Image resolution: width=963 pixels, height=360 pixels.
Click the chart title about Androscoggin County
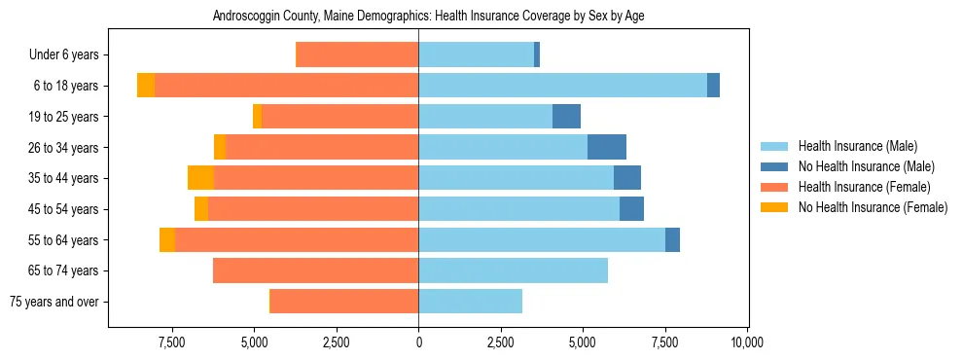click(x=428, y=16)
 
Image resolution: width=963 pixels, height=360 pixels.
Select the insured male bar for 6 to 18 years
click(x=562, y=86)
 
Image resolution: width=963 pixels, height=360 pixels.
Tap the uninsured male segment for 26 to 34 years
click(x=607, y=147)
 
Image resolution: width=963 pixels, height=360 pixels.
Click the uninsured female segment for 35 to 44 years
click(x=200, y=178)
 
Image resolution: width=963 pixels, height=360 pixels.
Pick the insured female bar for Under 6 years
click(x=357, y=55)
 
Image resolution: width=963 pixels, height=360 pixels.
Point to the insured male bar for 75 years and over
click(x=470, y=302)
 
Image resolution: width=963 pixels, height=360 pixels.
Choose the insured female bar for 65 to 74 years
click(x=315, y=270)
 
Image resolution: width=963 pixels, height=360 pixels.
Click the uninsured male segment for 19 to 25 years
click(x=566, y=117)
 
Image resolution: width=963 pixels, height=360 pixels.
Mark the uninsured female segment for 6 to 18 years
click(x=146, y=86)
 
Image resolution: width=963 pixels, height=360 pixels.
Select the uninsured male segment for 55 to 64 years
click(x=672, y=239)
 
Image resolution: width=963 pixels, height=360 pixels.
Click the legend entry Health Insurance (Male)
click(x=857, y=146)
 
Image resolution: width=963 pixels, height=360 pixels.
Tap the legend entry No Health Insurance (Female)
click(x=873, y=207)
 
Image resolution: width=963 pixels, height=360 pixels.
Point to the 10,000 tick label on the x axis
click(x=747, y=342)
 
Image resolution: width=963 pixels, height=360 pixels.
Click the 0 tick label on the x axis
click(x=418, y=342)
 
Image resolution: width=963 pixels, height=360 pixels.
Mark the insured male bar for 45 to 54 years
click(x=518, y=209)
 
